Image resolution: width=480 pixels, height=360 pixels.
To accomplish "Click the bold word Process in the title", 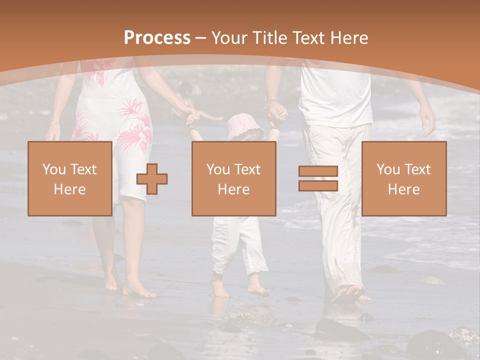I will (157, 37).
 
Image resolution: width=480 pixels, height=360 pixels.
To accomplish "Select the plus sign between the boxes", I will (152, 179).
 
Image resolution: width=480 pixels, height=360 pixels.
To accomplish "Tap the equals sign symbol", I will (318, 178).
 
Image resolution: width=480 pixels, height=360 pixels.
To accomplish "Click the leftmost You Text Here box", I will (69, 178).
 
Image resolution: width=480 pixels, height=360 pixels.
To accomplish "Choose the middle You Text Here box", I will (233, 178).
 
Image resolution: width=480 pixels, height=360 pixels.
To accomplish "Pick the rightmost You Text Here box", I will (403, 178).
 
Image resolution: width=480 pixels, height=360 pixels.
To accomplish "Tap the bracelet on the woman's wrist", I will (54, 123).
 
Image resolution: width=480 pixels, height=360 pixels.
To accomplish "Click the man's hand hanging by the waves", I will (427, 120).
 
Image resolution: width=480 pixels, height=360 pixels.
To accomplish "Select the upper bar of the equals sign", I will (318, 171).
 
